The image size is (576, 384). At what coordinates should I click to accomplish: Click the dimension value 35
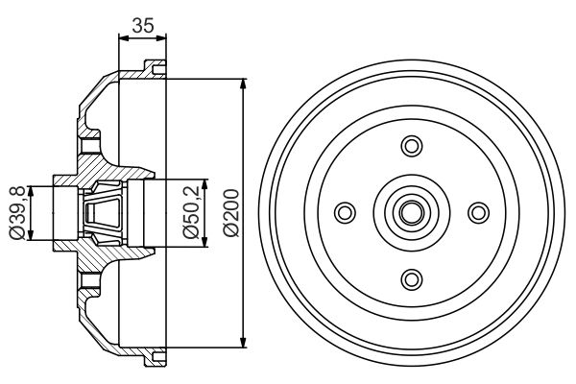(142, 26)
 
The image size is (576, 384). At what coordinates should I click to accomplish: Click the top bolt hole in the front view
(411, 146)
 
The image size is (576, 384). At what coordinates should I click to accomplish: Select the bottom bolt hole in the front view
(411, 277)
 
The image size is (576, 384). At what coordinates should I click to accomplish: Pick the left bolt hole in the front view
(345, 212)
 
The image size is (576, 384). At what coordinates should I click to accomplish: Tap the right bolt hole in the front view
(477, 212)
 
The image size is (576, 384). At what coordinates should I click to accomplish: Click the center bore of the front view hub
(411, 212)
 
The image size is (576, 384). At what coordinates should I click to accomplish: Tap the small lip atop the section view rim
(150, 67)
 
